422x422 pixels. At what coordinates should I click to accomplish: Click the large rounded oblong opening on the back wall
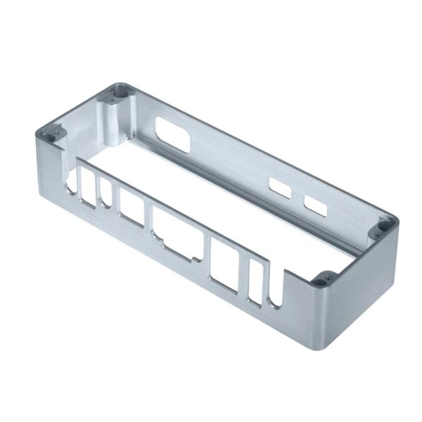[173, 134]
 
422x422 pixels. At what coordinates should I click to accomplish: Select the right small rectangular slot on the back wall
[314, 205]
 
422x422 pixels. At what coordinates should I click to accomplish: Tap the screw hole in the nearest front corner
[321, 282]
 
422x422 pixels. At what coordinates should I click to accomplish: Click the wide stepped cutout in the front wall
[175, 232]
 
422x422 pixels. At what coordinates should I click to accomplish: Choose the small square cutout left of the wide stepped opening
[132, 207]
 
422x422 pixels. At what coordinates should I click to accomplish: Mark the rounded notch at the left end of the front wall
[73, 179]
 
